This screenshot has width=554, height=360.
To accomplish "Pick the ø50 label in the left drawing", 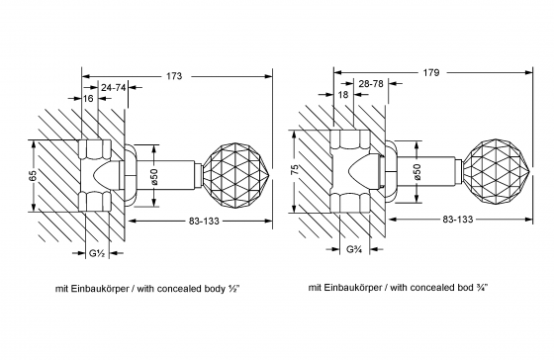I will point(154,177).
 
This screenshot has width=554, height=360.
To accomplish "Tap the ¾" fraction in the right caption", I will point(483,290).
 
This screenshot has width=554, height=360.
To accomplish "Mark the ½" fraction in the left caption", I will point(231,290).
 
